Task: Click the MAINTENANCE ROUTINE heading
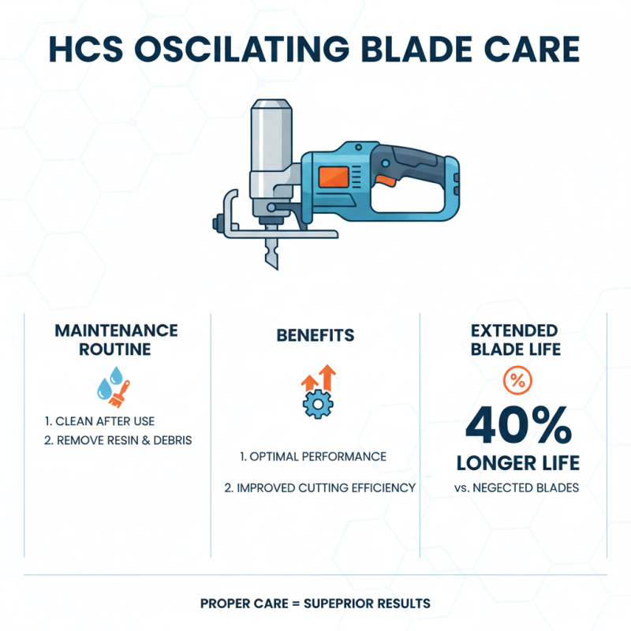tap(116, 340)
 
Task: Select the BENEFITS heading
tap(315, 335)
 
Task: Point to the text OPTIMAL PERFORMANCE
tap(313, 457)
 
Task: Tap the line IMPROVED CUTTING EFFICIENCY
tap(319, 488)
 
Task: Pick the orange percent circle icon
tap(516, 382)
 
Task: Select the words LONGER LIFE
tap(517, 462)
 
